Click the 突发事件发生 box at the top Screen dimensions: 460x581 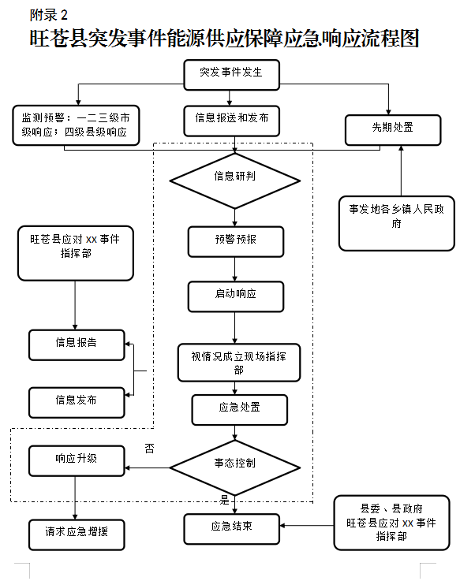tap(231, 75)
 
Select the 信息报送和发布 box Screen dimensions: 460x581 tap(231, 121)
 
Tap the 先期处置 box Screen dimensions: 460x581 tap(393, 130)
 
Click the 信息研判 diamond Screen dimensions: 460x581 tap(234, 181)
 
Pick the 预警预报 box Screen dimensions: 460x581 tap(236, 242)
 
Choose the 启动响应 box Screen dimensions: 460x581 tap(236, 296)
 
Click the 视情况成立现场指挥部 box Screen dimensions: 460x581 tap(239, 363)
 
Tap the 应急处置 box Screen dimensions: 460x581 tap(239, 410)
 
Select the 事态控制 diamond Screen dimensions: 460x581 tap(234, 467)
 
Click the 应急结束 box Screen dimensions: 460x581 tap(231, 529)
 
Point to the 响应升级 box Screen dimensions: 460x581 tap(77, 461)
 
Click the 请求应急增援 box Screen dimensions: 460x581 tap(77, 535)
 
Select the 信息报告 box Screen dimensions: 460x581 tap(77, 345)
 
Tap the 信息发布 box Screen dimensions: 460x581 tap(77, 403)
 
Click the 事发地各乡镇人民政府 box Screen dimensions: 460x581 tap(397, 223)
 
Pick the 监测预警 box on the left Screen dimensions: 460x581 tap(76, 125)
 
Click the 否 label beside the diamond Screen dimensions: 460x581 tap(149, 449)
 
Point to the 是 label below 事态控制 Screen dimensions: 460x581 tap(224, 500)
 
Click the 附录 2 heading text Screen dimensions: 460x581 tap(49, 15)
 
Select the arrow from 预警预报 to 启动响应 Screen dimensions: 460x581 tap(234, 270)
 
